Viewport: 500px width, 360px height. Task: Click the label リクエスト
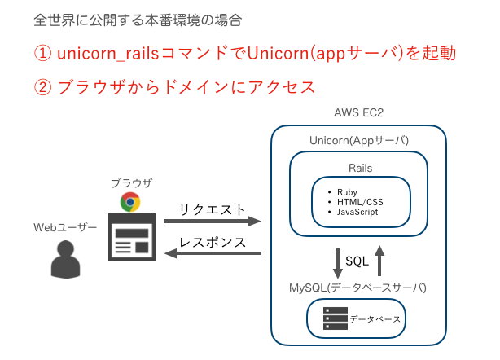point(212,209)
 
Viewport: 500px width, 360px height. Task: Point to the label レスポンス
point(212,242)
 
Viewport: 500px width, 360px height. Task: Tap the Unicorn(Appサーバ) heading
point(359,140)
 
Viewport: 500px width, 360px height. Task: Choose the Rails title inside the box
point(359,168)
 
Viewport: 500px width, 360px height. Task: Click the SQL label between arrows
point(357,261)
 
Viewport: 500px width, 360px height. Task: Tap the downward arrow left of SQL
point(337,261)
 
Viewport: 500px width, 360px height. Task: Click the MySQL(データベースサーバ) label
point(357,288)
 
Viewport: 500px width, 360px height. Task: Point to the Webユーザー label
point(65,226)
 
